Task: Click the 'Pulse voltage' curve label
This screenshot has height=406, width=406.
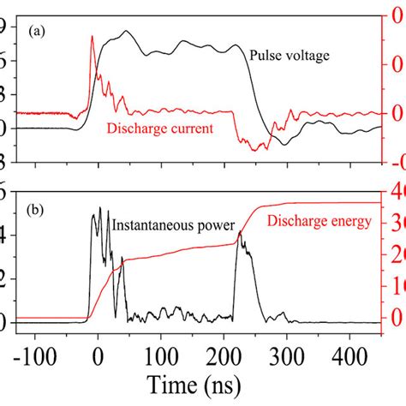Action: [290, 56]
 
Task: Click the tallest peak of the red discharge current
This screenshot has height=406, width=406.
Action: [93, 37]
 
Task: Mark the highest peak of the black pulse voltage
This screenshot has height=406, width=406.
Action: [127, 32]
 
